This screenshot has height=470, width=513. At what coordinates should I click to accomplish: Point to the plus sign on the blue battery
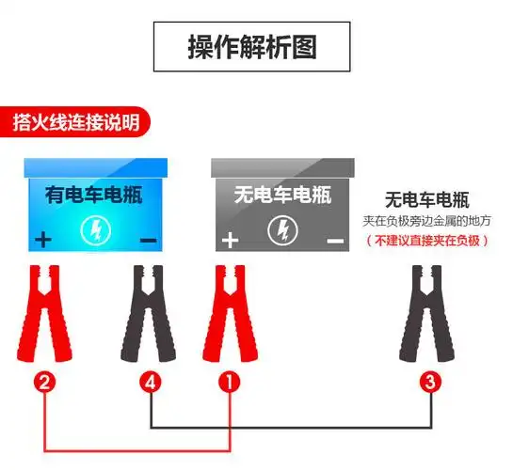click(x=42, y=240)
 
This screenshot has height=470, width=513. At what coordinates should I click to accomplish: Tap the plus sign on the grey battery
click(x=229, y=240)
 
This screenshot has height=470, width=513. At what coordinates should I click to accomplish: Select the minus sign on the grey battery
click(x=335, y=241)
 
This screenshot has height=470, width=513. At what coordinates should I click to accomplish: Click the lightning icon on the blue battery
click(x=94, y=229)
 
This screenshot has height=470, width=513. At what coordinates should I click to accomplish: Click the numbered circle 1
click(x=230, y=382)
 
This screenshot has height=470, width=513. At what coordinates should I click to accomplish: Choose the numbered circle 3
click(x=429, y=382)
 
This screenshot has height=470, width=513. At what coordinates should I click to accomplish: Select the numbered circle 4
click(x=152, y=382)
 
